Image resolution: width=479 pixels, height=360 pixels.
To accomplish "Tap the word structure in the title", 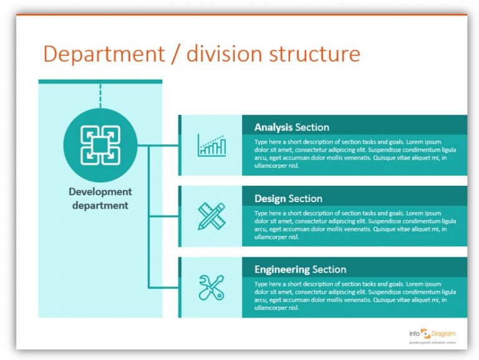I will pyautogui.click(x=314, y=54).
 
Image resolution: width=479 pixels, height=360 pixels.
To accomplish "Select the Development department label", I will pyautogui.click(x=100, y=198).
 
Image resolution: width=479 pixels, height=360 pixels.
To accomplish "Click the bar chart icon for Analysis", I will pyautogui.click(x=211, y=145).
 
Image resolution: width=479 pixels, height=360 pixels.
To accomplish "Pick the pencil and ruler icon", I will pyautogui.click(x=211, y=216).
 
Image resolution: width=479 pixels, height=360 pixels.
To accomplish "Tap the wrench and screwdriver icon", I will pyautogui.click(x=211, y=288).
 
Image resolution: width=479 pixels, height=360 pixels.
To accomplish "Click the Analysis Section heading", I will pyautogui.click(x=291, y=127).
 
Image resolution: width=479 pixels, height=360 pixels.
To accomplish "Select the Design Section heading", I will pyautogui.click(x=288, y=198).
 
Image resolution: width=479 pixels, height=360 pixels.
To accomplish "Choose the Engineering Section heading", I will pyautogui.click(x=300, y=270).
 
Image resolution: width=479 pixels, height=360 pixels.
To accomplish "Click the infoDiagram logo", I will pyautogui.click(x=432, y=334).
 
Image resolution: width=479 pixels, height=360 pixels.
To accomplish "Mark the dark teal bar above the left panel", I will pyautogui.click(x=100, y=81).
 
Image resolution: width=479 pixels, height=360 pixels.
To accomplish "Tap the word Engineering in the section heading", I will pyautogui.click(x=282, y=270).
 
